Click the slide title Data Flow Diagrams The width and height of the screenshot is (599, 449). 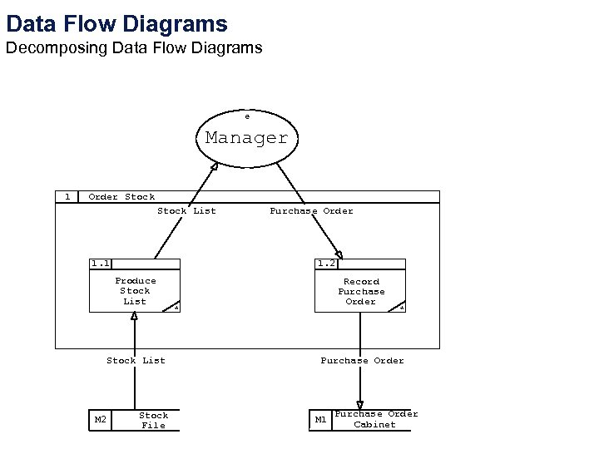(116, 23)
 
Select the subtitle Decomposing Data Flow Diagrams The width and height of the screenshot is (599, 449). (134, 48)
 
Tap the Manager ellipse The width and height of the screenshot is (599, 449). (246, 138)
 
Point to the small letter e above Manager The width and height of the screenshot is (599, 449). (246, 116)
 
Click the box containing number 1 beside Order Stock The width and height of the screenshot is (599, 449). (67, 197)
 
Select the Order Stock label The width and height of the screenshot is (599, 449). (121, 197)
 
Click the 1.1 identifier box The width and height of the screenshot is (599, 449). (101, 264)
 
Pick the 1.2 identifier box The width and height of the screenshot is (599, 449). (326, 264)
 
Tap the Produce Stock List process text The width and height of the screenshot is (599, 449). (135, 291)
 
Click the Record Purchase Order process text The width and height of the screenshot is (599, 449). (361, 292)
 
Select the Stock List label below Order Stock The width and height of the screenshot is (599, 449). (186, 211)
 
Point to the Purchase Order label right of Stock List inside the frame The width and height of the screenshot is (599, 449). (311, 211)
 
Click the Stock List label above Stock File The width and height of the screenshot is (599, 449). (136, 361)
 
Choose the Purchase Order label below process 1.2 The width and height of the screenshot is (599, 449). (362, 361)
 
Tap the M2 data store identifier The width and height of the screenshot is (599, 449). (100, 420)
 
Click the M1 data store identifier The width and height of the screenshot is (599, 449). (320, 420)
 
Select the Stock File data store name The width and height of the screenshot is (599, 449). (153, 420)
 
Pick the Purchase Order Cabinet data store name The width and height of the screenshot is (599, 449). (375, 419)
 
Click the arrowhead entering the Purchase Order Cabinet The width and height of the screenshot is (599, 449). (360, 405)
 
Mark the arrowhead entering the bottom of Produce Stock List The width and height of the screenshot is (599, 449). (134, 317)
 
